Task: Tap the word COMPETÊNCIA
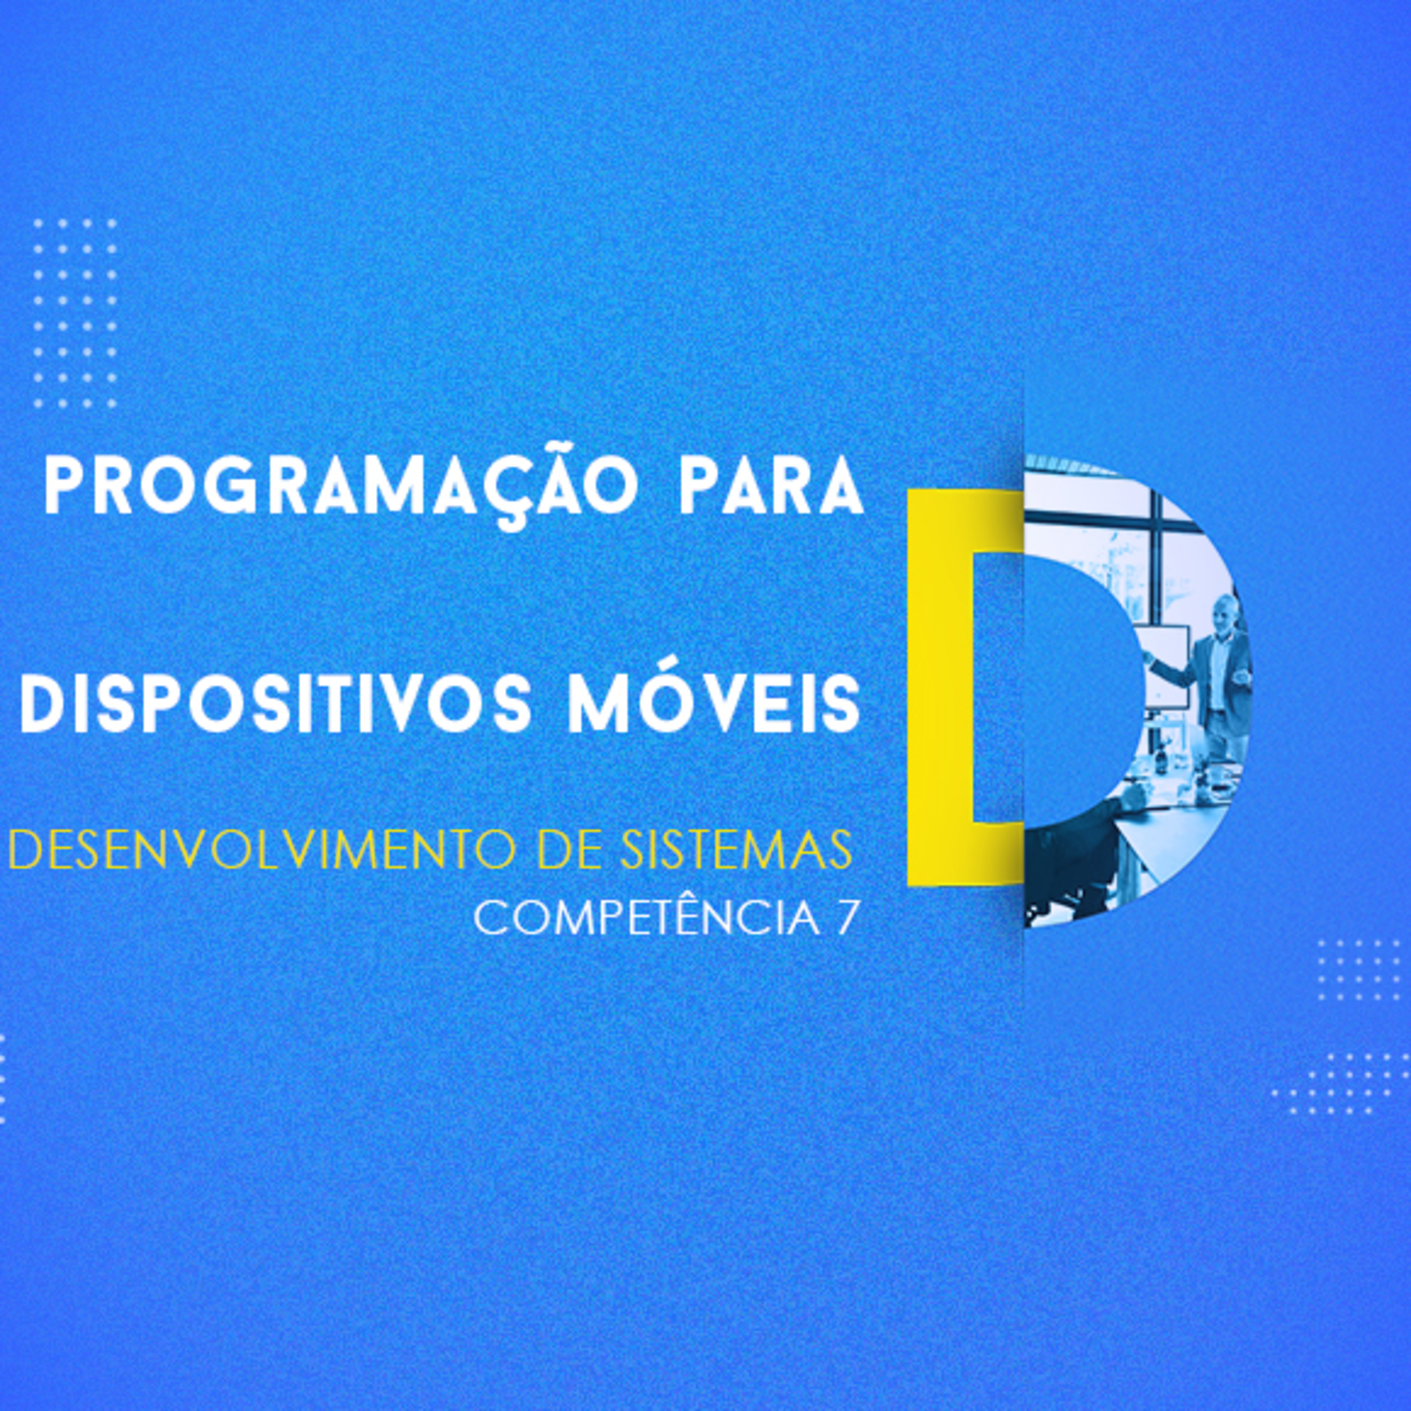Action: pyautogui.click(x=646, y=918)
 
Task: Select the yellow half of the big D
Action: pyautogui.click(x=942, y=687)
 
